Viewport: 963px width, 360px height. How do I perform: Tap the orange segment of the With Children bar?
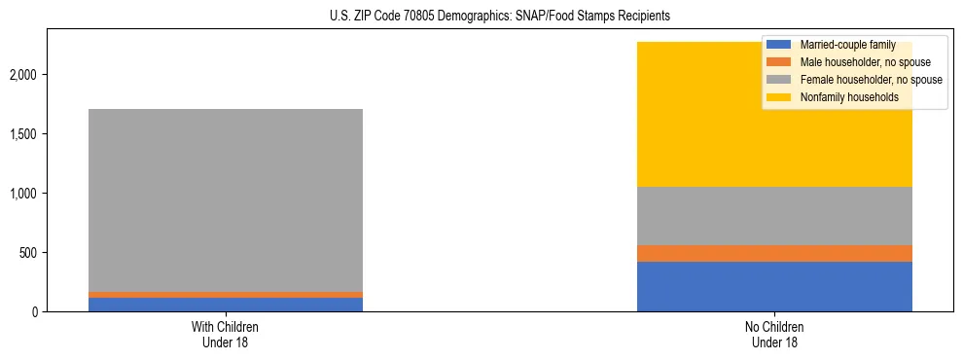click(x=225, y=294)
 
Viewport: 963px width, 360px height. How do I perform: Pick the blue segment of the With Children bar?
click(x=225, y=305)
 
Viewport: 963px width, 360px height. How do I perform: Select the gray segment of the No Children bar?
click(x=774, y=216)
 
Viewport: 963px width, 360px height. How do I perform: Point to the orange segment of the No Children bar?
click(x=774, y=253)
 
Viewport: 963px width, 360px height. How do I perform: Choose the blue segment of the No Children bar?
click(x=774, y=286)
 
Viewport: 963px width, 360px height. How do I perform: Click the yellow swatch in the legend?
click(x=779, y=97)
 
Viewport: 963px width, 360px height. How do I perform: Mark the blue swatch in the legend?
click(x=779, y=45)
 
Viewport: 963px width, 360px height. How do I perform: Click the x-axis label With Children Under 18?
click(x=225, y=335)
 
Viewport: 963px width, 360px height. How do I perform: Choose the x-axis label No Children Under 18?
click(x=774, y=335)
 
